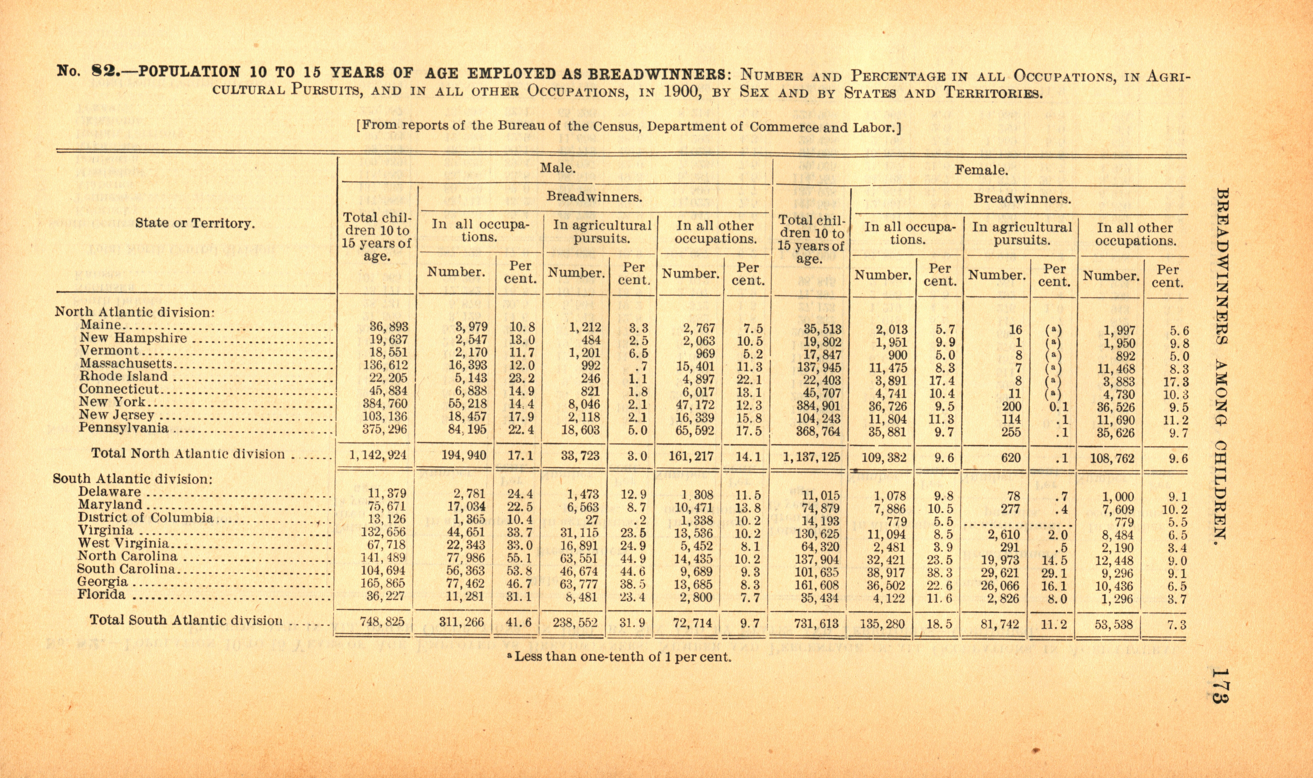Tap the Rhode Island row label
point(124,377)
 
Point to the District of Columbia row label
point(146,518)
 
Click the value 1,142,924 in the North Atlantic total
point(378,455)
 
